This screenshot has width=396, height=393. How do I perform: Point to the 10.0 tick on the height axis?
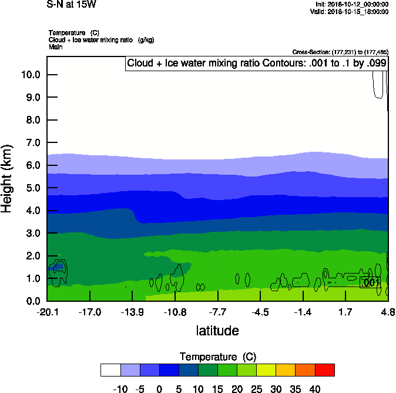coord(32,75)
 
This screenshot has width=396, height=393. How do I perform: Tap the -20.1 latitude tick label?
coord(47,312)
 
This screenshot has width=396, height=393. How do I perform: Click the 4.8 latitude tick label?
coord(388,312)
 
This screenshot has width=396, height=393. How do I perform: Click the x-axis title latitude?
coord(217,331)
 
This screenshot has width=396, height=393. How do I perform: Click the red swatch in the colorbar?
coord(325,370)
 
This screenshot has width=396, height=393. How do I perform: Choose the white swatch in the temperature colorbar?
coord(110,370)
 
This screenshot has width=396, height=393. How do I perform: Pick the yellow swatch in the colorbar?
coord(266,370)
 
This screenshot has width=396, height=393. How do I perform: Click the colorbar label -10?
coord(120,389)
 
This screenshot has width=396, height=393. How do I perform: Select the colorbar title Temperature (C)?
coord(217,357)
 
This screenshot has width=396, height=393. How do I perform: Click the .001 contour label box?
coord(370,283)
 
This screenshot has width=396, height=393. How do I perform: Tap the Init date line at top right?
coord(351,4)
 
